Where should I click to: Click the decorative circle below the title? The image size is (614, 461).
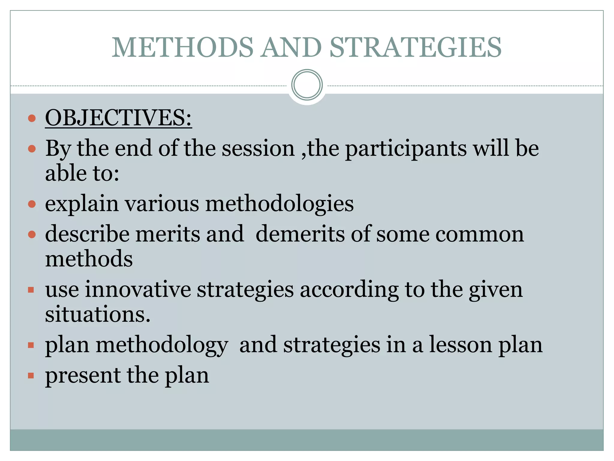307,85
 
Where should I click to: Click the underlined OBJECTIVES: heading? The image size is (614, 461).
118,118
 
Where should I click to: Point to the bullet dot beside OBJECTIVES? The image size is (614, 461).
31,118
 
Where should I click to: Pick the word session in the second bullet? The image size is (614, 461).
258,148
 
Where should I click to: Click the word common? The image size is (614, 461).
479,234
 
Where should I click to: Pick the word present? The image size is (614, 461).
83,376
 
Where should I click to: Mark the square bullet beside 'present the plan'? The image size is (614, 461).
31,375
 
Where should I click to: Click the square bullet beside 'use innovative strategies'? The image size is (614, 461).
31,290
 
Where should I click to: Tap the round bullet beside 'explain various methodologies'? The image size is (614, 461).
31,204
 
